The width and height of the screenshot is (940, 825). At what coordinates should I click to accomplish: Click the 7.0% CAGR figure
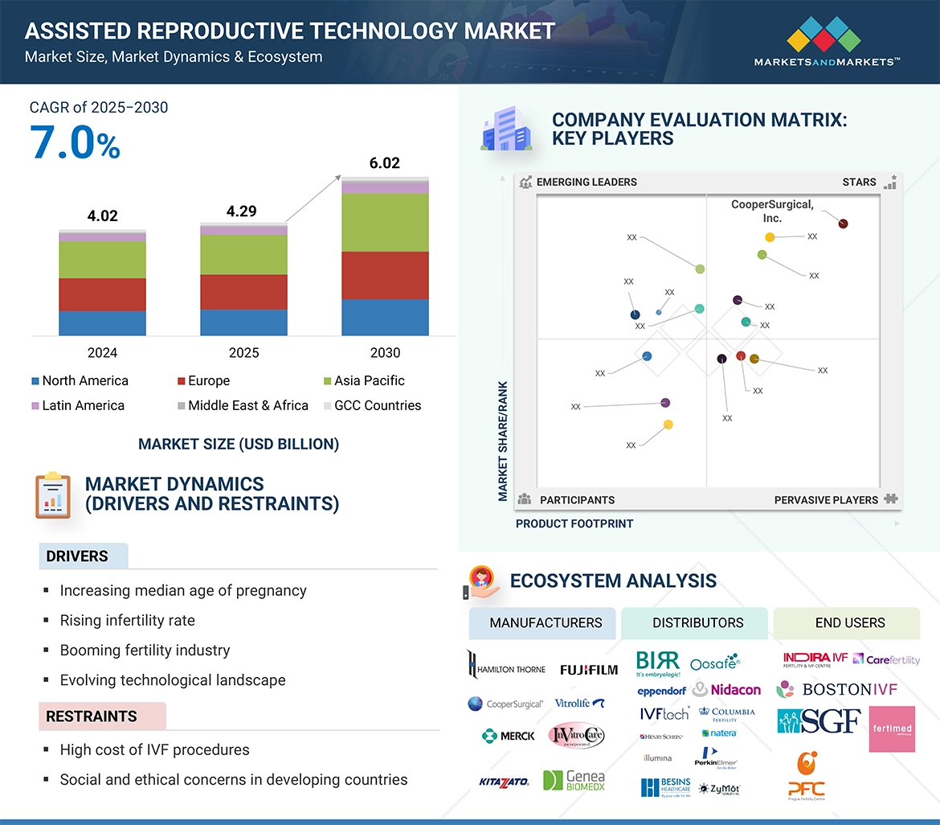[x=76, y=144]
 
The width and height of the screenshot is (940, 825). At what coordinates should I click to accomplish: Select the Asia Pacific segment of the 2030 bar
[x=385, y=222]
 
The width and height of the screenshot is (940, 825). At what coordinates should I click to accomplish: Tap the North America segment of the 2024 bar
[x=102, y=322]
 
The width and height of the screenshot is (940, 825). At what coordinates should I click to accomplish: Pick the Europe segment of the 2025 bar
[x=243, y=292]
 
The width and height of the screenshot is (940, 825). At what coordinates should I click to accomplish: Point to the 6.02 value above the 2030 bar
[x=384, y=163]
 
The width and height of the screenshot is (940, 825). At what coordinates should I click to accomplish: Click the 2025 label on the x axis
[x=243, y=352]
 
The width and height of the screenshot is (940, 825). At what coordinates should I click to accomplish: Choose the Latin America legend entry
[x=78, y=405]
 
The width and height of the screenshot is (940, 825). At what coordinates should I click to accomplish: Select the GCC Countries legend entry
[x=372, y=405]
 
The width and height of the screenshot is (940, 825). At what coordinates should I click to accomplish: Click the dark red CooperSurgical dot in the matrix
[x=843, y=224]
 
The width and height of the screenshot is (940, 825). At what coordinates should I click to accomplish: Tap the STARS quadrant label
[x=859, y=182]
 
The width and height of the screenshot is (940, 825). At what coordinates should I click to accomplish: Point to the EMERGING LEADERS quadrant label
[x=586, y=182]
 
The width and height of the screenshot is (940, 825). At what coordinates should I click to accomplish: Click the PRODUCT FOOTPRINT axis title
[x=574, y=523]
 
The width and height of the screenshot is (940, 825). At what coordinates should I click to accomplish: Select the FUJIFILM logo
[x=589, y=669]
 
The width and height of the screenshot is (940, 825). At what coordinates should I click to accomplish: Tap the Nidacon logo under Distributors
[x=727, y=690]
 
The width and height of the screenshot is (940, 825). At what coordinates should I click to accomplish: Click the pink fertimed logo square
[x=892, y=729]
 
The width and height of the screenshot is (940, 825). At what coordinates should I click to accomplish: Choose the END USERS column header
[x=850, y=622]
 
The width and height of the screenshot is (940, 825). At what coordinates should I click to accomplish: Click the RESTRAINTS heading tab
[x=92, y=716]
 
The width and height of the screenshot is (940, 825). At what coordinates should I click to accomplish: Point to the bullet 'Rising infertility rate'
[x=127, y=620]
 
